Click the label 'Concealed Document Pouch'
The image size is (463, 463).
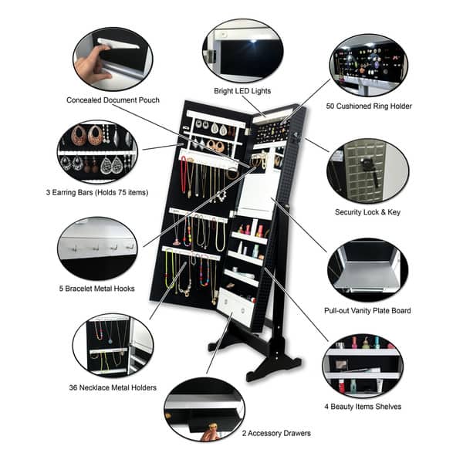coord(113,100)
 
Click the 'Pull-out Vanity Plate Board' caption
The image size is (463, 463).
coord(367,311)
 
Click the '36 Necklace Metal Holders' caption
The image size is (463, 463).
coord(113,388)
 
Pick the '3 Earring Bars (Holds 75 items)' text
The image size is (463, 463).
coord(96,191)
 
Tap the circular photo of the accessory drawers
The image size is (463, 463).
coord(204,409)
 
